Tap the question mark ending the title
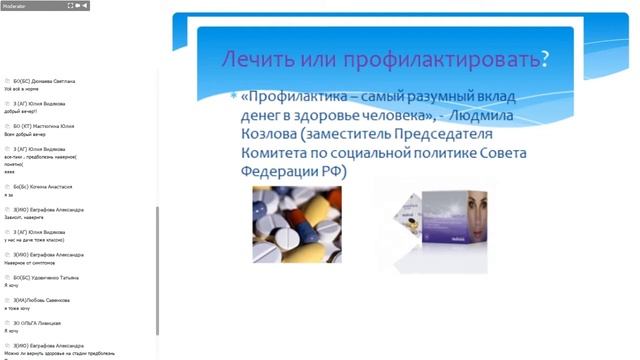(x=545, y=57)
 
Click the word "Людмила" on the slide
(x=506, y=116)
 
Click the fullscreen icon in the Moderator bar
(x=71, y=5)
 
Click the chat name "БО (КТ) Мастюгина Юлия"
(x=43, y=125)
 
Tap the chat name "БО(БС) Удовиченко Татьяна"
(x=46, y=277)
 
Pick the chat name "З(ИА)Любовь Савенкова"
(x=41, y=300)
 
